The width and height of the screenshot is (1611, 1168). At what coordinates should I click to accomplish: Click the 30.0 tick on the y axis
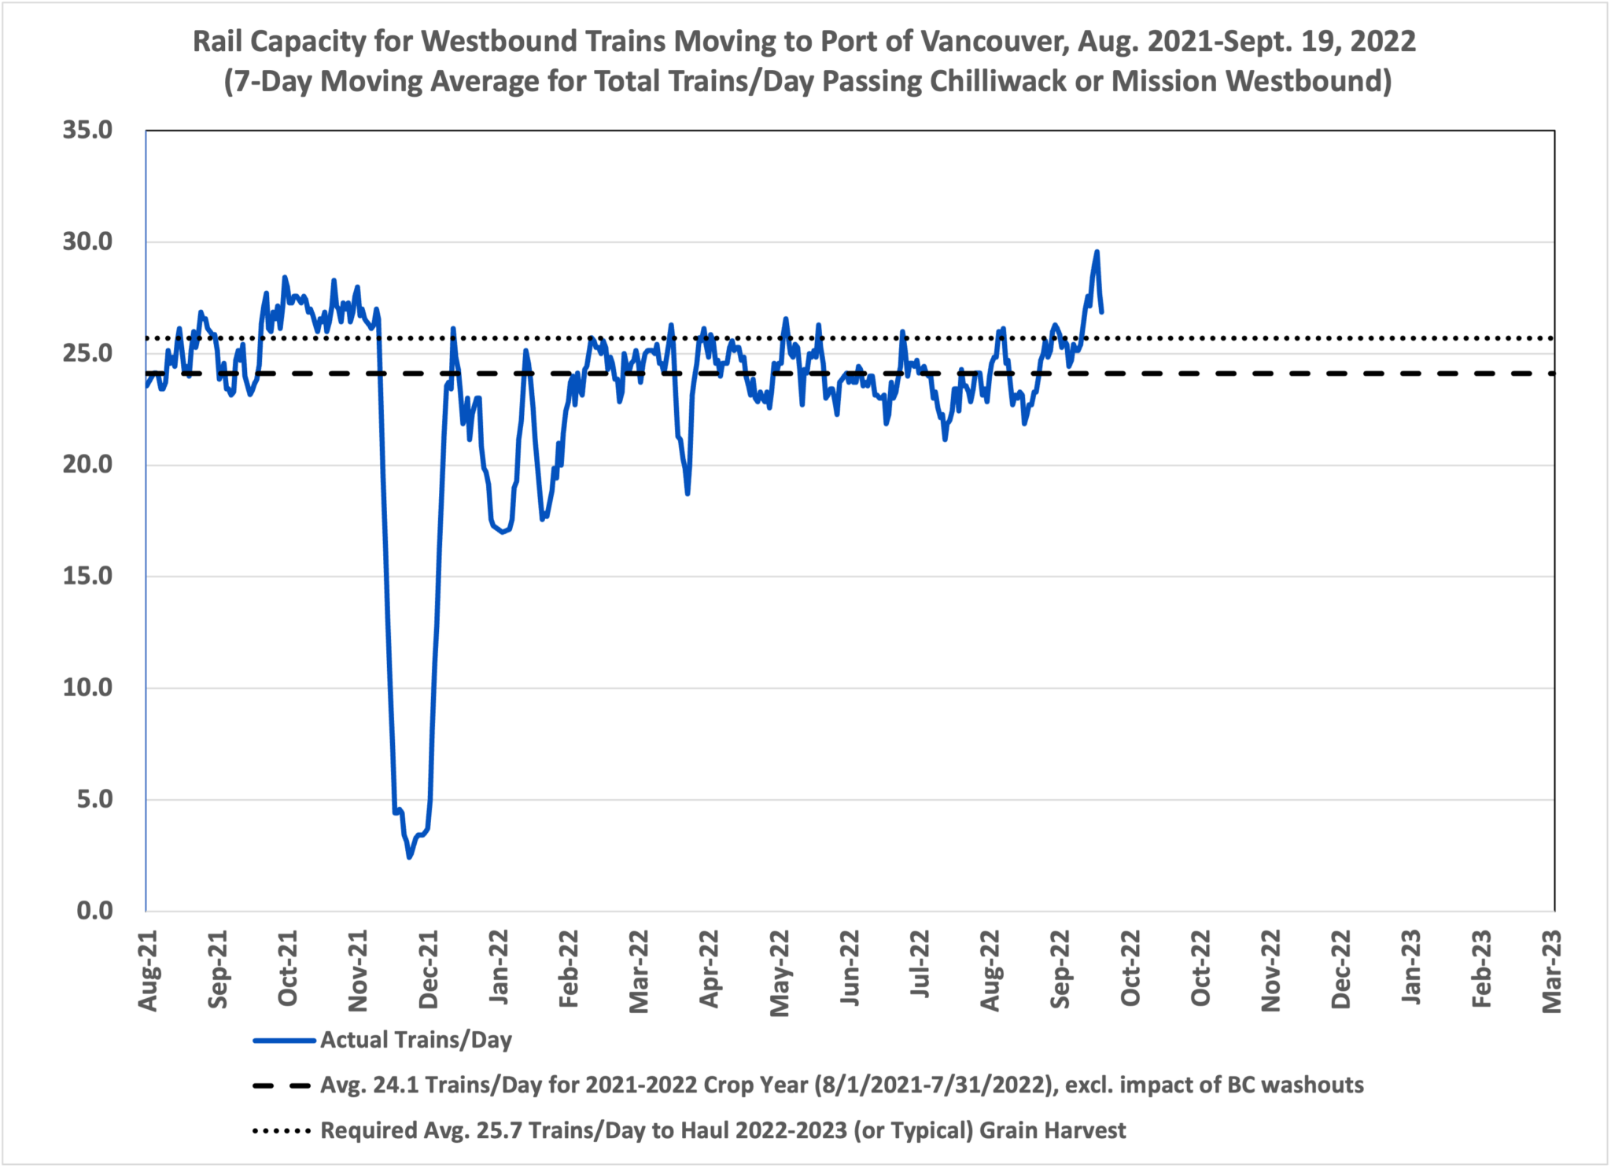pyautogui.click(x=87, y=241)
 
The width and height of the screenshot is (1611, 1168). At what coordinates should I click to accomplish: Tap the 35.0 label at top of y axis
pyautogui.click(x=87, y=130)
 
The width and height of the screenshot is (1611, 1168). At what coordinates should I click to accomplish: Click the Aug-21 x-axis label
pyautogui.click(x=147, y=971)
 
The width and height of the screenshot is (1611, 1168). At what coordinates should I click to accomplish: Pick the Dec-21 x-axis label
pyautogui.click(x=429, y=971)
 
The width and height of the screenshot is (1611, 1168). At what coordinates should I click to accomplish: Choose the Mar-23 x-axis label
pyautogui.click(x=1551, y=972)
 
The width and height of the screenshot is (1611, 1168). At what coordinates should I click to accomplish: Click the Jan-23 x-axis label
pyautogui.click(x=1411, y=969)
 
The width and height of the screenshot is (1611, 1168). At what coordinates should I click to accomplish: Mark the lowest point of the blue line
pyautogui.click(x=409, y=857)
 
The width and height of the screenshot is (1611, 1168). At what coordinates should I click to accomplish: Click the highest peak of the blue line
pyautogui.click(x=1097, y=252)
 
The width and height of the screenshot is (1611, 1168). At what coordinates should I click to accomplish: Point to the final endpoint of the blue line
pyautogui.click(x=1101, y=312)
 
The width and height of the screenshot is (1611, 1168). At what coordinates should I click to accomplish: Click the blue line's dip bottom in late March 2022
pyautogui.click(x=688, y=493)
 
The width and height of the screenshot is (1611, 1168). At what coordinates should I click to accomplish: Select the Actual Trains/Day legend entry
pyautogui.click(x=415, y=1040)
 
